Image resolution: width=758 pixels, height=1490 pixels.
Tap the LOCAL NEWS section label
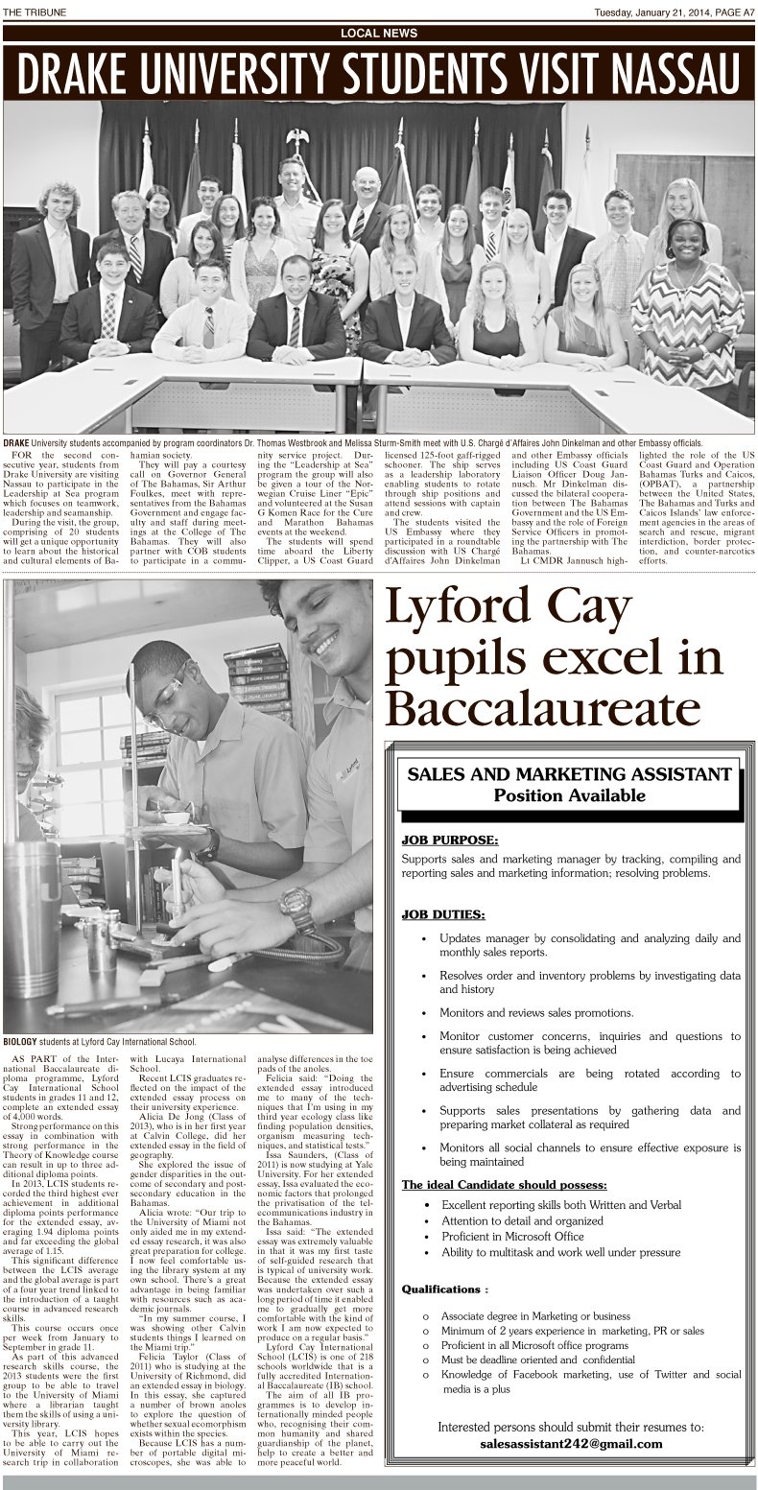[x=379, y=33]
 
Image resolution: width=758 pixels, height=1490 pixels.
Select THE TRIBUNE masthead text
[x=35, y=11]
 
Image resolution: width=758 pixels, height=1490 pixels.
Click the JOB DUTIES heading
[x=443, y=913]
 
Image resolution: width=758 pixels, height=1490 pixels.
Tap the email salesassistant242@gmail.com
[x=569, y=1444]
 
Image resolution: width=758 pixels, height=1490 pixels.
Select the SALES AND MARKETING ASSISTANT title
[x=569, y=774]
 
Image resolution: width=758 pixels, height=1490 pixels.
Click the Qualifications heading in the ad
[x=444, y=1289]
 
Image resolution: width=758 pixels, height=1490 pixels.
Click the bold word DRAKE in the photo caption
[x=16, y=442]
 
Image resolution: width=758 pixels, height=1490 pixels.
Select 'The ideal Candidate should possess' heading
[x=504, y=1184]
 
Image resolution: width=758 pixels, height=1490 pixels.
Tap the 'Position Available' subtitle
[x=569, y=795]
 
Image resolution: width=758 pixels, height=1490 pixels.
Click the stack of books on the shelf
[x=257, y=682]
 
